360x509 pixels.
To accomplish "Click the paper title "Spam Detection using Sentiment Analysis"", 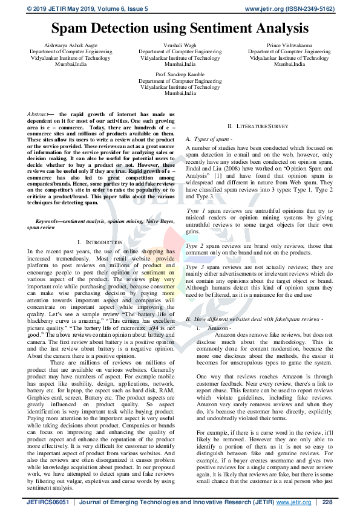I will coord(180,28).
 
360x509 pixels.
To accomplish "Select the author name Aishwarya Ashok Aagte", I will coord(71,45).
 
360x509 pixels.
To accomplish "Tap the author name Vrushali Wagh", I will coord(180,45).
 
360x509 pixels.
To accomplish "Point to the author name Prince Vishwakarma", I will coord(289,45).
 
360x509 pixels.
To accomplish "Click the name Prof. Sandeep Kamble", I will coord(180,74).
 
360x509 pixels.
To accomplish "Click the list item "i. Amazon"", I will coord(209,327).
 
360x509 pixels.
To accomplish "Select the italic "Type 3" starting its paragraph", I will coord(195,266).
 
